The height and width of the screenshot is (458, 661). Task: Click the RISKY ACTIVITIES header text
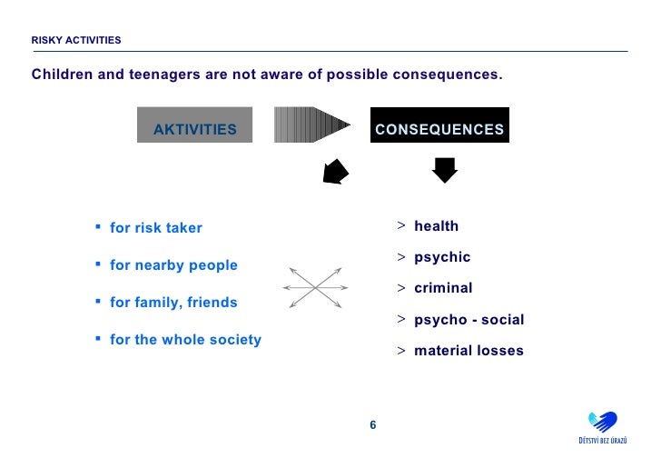pyautogui.click(x=76, y=40)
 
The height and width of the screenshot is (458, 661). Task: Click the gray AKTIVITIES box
pyautogui.click(x=195, y=129)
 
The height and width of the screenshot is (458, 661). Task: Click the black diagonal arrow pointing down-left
pyautogui.click(x=336, y=172)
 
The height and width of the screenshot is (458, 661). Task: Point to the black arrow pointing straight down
pyautogui.click(x=444, y=170)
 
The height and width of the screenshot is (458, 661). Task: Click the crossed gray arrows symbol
pyautogui.click(x=315, y=286)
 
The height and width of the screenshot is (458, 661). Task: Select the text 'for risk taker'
pyautogui.click(x=156, y=228)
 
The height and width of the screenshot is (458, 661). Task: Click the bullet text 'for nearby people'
pyautogui.click(x=173, y=265)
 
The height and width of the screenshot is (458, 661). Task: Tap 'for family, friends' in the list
pyautogui.click(x=173, y=303)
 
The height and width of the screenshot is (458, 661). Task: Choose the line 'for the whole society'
pyautogui.click(x=185, y=340)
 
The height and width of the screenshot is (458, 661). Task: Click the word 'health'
pyautogui.click(x=437, y=226)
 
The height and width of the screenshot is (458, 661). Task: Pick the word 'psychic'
pyautogui.click(x=442, y=257)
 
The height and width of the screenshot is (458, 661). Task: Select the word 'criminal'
pyautogui.click(x=443, y=288)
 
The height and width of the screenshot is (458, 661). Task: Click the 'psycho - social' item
pyautogui.click(x=469, y=320)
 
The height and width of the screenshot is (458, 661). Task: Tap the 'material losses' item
pyautogui.click(x=469, y=351)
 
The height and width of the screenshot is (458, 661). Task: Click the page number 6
pyautogui.click(x=372, y=425)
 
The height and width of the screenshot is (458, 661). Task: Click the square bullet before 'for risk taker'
pyautogui.click(x=97, y=227)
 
